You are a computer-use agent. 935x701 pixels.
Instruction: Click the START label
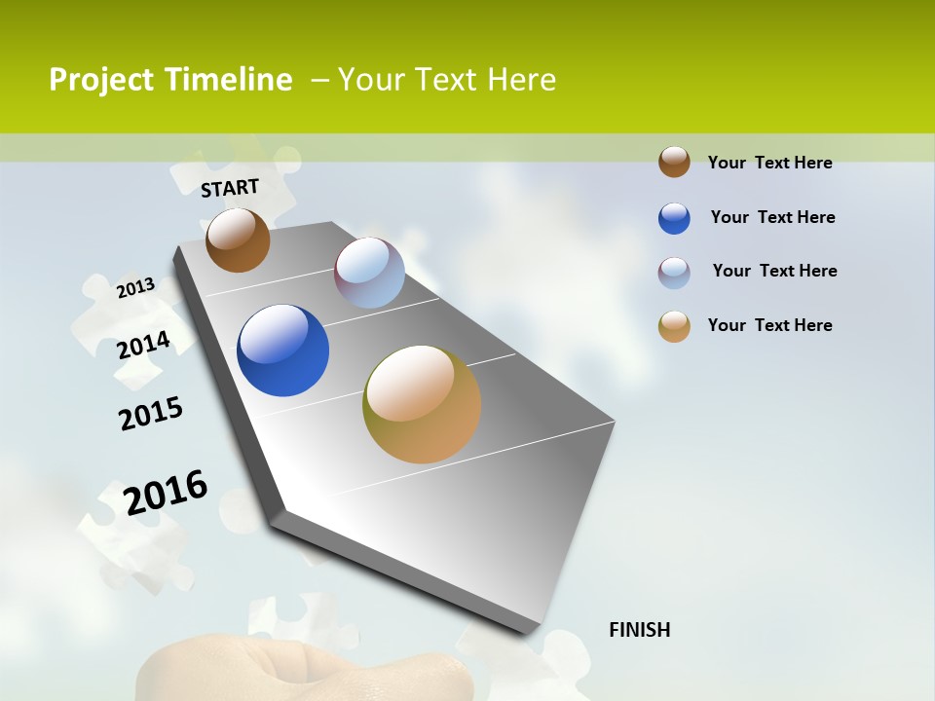(x=230, y=188)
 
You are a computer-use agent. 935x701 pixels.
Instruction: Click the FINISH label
(x=640, y=630)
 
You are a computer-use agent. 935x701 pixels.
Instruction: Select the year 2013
(x=135, y=288)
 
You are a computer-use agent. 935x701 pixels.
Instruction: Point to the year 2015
(x=151, y=414)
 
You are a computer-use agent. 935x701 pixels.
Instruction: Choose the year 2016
(x=166, y=493)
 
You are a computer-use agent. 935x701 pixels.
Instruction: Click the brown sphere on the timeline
(x=238, y=240)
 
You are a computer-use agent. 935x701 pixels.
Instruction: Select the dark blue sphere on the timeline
(x=282, y=350)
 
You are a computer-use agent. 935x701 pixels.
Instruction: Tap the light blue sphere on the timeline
(x=369, y=273)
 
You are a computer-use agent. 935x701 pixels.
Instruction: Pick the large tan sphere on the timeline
(x=422, y=404)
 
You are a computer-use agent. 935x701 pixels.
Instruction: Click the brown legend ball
(x=674, y=162)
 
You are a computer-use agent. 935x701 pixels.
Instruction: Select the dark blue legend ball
(x=674, y=218)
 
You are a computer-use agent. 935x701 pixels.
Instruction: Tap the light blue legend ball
(x=674, y=273)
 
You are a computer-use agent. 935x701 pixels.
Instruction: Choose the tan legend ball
(x=674, y=326)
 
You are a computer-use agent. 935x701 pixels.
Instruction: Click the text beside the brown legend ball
(x=769, y=163)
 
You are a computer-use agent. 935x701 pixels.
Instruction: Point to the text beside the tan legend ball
(x=769, y=325)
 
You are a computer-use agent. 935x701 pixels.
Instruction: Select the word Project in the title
(x=101, y=80)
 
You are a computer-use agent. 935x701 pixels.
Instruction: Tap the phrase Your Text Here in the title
(x=447, y=80)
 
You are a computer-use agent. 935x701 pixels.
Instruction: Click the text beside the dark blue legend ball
(x=772, y=217)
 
